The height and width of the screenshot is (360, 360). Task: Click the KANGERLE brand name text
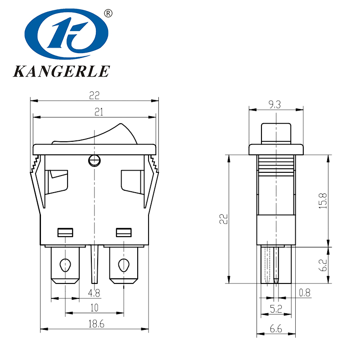coord(61,72)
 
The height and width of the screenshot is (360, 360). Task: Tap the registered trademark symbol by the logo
coord(108,13)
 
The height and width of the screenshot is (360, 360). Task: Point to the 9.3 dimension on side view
coord(275,105)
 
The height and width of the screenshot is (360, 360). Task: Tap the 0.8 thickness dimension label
coord(305,293)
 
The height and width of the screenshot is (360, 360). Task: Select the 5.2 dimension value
coord(276,309)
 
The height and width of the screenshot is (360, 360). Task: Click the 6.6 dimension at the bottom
coord(276,329)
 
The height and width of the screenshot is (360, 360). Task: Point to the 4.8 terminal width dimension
coord(94,293)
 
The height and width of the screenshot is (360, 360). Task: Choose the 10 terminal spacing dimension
coord(94,308)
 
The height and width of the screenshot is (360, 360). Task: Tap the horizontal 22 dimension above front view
coord(94,95)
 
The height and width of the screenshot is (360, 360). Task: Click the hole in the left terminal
coord(66,264)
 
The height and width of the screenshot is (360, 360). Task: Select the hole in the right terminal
coord(123,264)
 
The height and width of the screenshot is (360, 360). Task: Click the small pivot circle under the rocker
coord(94,160)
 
